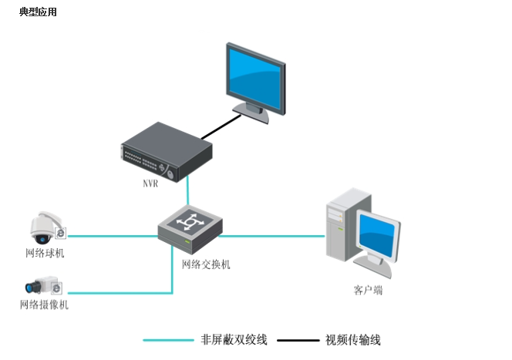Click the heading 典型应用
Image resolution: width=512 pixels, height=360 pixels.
[x=38, y=12]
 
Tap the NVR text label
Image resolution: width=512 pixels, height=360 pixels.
[x=150, y=183]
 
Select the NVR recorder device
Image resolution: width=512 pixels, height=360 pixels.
[x=167, y=152]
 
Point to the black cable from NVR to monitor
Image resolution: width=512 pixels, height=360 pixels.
[x=221, y=127]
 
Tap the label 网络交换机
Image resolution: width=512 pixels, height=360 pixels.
[x=206, y=264]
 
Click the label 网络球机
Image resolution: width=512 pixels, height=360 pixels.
[x=45, y=253]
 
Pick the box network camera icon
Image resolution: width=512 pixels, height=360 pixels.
[x=44, y=285]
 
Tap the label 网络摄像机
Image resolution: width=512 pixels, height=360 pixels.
[x=45, y=304]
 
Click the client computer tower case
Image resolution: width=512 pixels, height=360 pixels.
[x=348, y=224]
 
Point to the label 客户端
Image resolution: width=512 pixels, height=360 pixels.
[x=368, y=290]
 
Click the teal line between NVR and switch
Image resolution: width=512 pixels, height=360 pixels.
[x=187, y=191]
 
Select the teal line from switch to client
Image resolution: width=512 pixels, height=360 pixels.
[x=271, y=236]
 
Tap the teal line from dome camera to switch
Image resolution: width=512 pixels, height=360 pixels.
[x=113, y=236]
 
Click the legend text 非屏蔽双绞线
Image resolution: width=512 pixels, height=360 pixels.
[x=234, y=340]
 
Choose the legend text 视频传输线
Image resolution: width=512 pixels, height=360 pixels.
[x=353, y=340]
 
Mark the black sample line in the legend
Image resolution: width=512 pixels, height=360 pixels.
[x=298, y=340]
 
